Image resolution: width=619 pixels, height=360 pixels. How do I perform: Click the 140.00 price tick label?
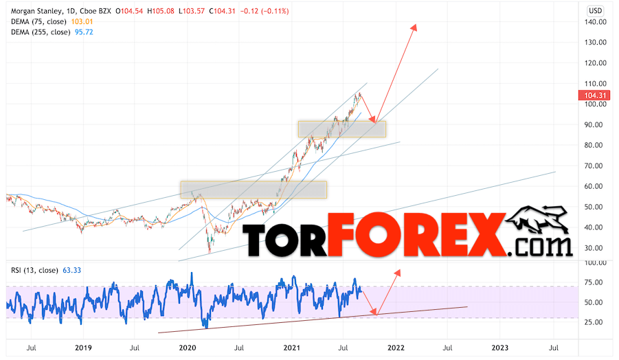596,22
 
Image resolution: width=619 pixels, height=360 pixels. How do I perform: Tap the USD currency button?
596,10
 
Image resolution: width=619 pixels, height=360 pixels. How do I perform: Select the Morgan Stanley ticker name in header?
32,10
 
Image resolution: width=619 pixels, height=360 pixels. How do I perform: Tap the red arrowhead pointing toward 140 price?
415,27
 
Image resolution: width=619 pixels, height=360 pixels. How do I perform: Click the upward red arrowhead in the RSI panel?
398,273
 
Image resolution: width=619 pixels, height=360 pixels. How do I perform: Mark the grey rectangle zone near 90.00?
341,128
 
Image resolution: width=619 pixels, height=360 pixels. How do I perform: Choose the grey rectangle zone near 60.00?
253,189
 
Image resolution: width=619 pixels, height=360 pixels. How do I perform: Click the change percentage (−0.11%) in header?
271,10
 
